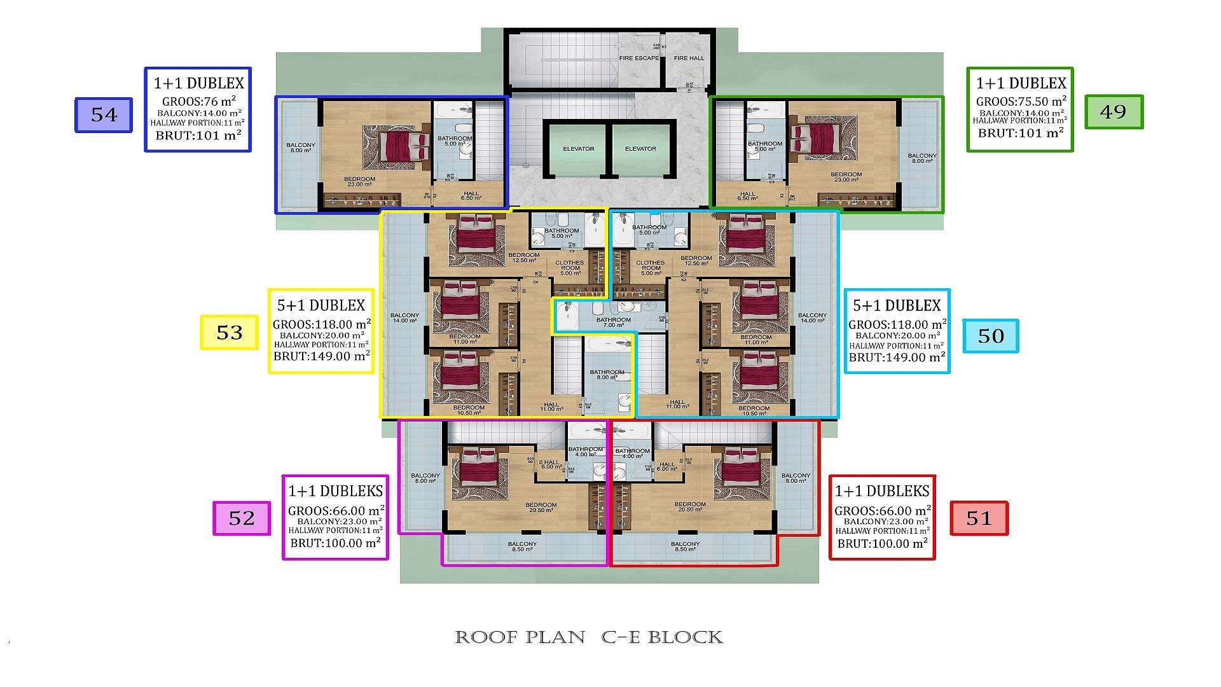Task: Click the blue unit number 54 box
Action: click(x=104, y=115)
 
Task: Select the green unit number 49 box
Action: click(x=1114, y=112)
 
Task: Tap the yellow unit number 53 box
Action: click(x=230, y=333)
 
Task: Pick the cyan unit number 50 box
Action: click(x=990, y=336)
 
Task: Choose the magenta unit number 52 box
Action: click(x=241, y=518)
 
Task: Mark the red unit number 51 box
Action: click(x=979, y=518)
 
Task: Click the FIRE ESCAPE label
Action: click(x=639, y=58)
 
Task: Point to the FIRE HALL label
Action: click(x=689, y=58)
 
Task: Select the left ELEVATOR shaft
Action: click(x=578, y=149)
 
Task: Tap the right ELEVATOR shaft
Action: click(x=640, y=149)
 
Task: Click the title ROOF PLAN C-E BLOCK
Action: click(x=589, y=637)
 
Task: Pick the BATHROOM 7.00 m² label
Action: click(x=613, y=323)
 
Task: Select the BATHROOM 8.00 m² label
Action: click(x=607, y=375)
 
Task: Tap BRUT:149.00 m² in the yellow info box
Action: click(x=321, y=357)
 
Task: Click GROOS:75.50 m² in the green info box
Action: click(x=1021, y=102)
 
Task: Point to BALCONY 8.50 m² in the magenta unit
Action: click(x=522, y=546)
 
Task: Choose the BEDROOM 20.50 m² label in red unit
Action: click(x=690, y=507)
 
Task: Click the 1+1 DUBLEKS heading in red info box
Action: click(x=882, y=491)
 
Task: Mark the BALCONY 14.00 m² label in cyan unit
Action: click(x=812, y=317)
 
